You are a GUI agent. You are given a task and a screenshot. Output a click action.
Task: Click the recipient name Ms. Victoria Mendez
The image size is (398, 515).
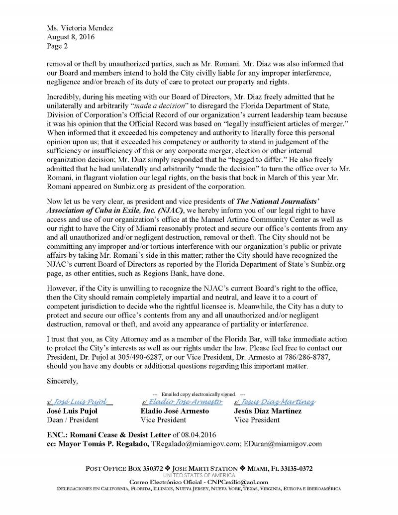point(80,28)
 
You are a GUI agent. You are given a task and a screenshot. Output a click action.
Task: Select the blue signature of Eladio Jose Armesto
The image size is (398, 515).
point(182,402)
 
